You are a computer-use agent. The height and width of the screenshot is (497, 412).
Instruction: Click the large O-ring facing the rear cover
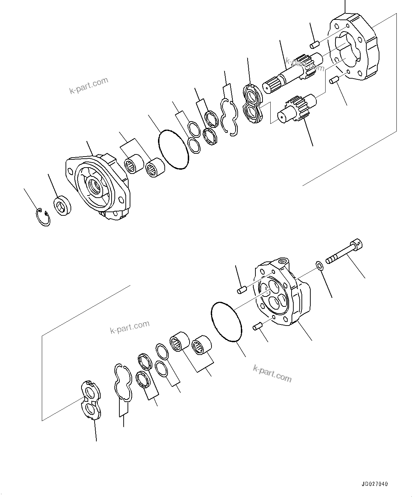[226, 322]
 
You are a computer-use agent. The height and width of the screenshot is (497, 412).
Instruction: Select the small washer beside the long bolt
[318, 265]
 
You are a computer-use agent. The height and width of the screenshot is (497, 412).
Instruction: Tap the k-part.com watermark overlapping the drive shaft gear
[305, 65]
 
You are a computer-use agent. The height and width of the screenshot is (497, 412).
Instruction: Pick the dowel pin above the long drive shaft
[315, 44]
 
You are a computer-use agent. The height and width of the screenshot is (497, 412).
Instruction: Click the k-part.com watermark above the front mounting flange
[89, 85]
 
